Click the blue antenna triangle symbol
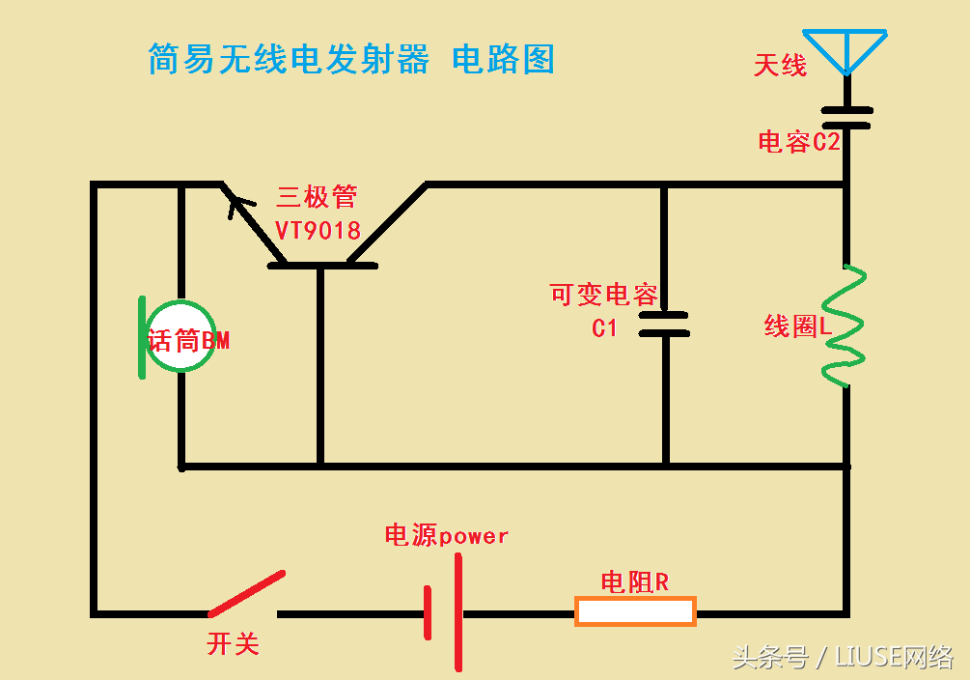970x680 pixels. click(x=846, y=49)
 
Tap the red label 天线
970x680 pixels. click(x=780, y=66)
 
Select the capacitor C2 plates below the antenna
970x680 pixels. click(x=847, y=117)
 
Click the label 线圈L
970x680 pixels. click(x=797, y=326)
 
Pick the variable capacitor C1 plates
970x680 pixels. click(x=664, y=324)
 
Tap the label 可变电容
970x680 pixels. click(x=604, y=295)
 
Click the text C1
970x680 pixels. click(x=604, y=328)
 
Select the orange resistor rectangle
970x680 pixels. click(x=635, y=611)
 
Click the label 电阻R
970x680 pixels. click(x=634, y=582)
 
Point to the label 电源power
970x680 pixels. click(x=446, y=535)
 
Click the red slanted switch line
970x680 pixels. click(x=247, y=593)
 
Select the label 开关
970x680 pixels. click(x=234, y=643)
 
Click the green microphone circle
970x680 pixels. click(x=181, y=337)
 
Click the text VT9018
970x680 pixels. click(x=318, y=231)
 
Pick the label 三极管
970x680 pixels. click(x=317, y=198)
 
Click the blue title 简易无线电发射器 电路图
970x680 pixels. click(x=351, y=60)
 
